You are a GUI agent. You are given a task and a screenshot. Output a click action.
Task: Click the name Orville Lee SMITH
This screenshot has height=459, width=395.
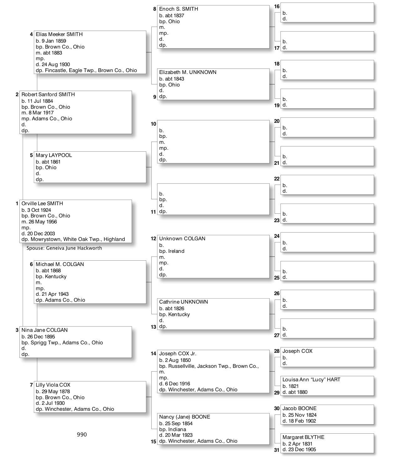click(x=42, y=203)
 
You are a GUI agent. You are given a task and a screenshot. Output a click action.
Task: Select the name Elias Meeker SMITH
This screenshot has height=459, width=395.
click(x=59, y=34)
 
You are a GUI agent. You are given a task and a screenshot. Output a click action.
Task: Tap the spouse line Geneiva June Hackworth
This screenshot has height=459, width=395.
click(x=64, y=248)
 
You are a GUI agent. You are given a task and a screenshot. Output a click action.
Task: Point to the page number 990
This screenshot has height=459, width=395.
click(x=82, y=435)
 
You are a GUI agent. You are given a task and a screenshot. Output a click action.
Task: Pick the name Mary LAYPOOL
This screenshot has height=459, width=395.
click(x=54, y=155)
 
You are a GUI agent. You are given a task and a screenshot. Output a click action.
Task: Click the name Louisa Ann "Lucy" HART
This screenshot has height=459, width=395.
click(x=311, y=379)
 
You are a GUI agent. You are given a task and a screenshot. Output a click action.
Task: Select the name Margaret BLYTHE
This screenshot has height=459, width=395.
click(x=303, y=437)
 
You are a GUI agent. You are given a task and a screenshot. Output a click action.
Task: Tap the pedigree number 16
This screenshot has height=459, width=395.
click(x=277, y=7)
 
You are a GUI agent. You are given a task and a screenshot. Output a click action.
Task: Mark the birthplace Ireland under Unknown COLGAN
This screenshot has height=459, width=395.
click(x=176, y=251)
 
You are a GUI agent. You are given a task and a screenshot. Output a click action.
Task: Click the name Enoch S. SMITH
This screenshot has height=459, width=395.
click(x=179, y=9)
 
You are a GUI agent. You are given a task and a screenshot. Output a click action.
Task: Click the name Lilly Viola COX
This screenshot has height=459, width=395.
click(x=53, y=385)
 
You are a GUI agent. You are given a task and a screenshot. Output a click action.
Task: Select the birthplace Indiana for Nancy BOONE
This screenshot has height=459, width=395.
click(x=177, y=429)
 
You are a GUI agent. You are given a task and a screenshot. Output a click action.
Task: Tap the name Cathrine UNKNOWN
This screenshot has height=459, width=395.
click(x=183, y=302)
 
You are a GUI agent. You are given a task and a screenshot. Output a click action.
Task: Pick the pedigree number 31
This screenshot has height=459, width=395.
click(x=277, y=450)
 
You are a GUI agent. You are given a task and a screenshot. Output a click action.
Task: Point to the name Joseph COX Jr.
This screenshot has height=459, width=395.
click(x=178, y=353)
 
